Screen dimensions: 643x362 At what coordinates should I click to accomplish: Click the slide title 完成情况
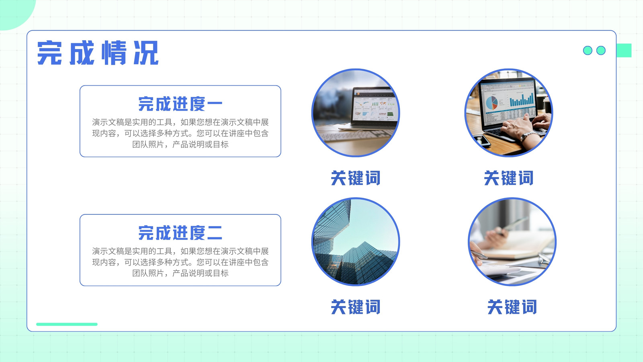pos(98,53)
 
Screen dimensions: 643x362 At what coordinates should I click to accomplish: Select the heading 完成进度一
pos(180,104)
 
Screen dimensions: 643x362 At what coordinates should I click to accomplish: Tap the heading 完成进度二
pos(180,233)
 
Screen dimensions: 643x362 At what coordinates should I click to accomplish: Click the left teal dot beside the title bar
pos(588,50)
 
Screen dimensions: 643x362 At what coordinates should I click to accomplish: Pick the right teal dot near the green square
pos(601,50)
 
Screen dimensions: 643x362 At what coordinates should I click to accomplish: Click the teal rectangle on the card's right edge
pos(624,50)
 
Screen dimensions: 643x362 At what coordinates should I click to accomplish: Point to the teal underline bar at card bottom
pos(67,324)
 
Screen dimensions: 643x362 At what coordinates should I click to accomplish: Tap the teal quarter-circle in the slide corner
pos(14,12)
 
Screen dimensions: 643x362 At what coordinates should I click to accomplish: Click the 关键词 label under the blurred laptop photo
pos(356,178)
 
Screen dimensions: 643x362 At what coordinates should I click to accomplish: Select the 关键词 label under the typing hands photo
pos(509,178)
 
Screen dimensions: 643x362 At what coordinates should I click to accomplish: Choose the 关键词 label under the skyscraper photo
pos(356,307)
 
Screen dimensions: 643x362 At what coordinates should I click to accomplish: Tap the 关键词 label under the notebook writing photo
pos(512,307)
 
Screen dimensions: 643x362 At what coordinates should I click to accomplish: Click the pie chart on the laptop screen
pos(492,102)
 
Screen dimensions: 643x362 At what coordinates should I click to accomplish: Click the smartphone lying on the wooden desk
pos(481,140)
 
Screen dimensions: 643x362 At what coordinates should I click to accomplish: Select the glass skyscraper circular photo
pos(356,242)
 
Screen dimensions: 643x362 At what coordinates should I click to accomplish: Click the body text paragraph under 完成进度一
pos(180,133)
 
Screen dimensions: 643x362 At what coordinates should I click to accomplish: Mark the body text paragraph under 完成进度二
pos(180,262)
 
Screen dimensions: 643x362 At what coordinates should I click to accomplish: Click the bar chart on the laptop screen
pos(522,99)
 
